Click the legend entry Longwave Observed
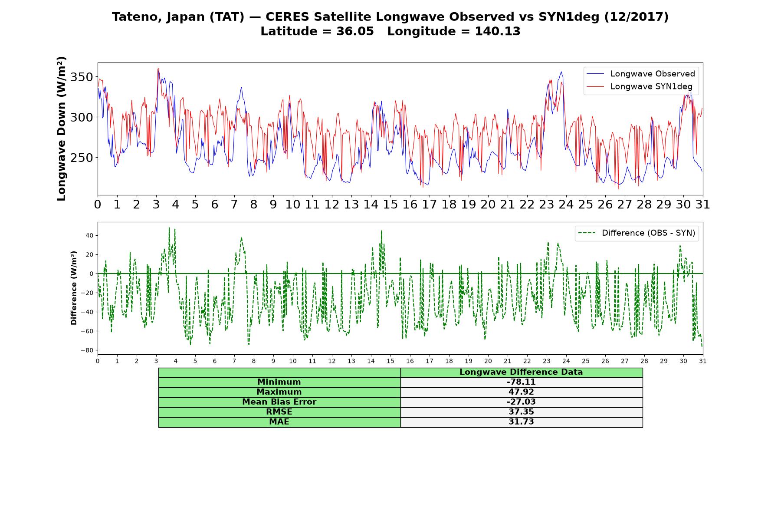tap(640, 74)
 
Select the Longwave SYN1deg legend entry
tap(640, 86)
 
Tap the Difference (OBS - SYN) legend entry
tap(637, 233)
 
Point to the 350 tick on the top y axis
tap(82, 77)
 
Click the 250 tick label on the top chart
tap(82, 158)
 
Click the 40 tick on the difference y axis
tap(89, 235)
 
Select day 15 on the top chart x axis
tap(390, 204)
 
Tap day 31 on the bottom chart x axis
tap(702, 361)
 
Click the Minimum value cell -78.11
tap(521, 382)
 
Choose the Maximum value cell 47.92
tap(521, 392)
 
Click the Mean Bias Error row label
tap(279, 402)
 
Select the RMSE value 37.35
tap(521, 412)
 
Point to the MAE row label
tap(279, 422)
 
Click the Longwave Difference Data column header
tap(521, 372)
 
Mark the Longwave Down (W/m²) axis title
tap(61, 129)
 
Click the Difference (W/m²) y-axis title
tap(74, 288)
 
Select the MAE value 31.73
tap(521, 422)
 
